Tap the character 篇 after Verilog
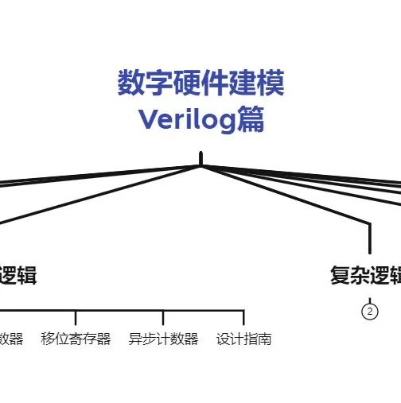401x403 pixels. [x=251, y=120]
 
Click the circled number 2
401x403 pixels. [x=369, y=311]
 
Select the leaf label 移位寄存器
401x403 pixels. [x=76, y=339]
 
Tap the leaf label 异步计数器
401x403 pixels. [x=163, y=339]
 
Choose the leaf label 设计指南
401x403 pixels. [x=243, y=339]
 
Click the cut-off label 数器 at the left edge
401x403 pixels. [x=11, y=339]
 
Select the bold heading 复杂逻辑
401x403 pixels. [x=366, y=276]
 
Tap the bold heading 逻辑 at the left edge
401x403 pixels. [x=18, y=276]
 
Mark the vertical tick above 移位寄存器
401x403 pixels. [x=76, y=318]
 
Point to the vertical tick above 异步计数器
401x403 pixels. [x=163, y=318]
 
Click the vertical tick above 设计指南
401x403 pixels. [x=243, y=318]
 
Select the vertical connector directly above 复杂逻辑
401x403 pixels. [x=370, y=238]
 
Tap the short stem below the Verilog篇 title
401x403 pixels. [x=200, y=158]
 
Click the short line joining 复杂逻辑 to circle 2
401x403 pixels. [x=370, y=298]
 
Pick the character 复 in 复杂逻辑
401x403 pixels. [x=341, y=276]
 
